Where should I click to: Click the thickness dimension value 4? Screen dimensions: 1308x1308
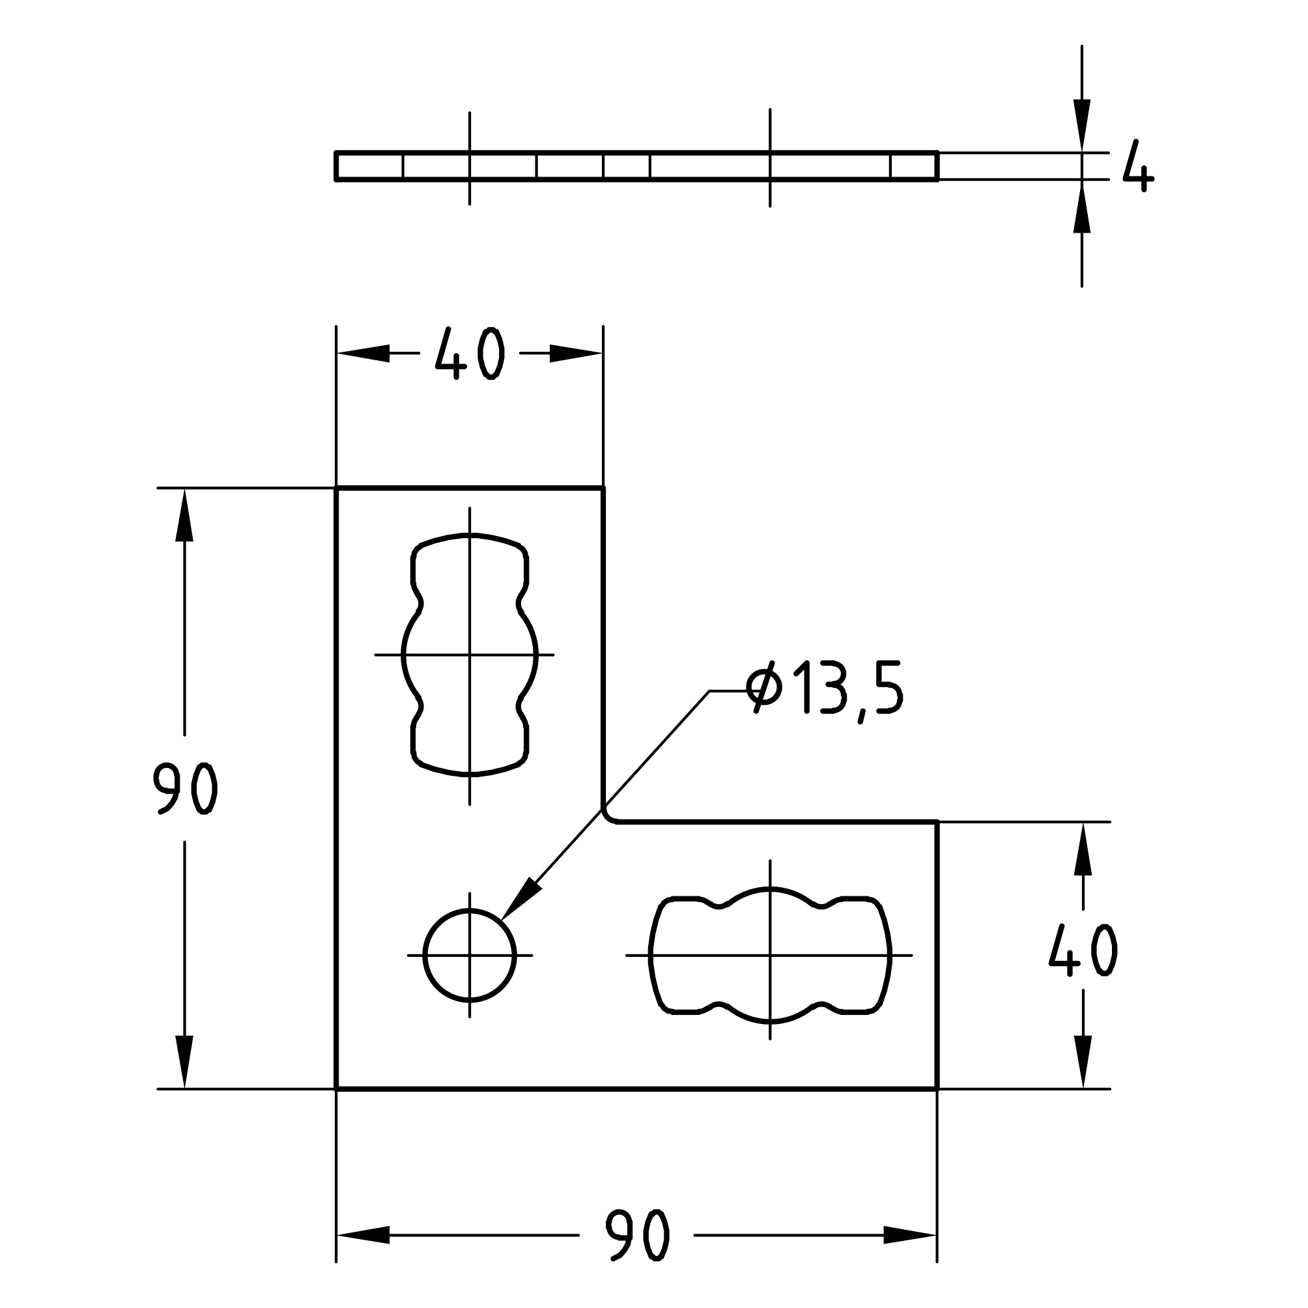pos(1138,167)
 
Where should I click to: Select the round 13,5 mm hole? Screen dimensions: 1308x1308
pos(470,956)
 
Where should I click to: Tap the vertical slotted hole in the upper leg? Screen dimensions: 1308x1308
pos(470,655)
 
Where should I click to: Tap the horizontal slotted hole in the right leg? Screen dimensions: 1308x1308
pos(770,956)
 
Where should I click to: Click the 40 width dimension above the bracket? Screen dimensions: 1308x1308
pos(468,354)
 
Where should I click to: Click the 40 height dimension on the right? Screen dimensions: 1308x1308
pos(1083,950)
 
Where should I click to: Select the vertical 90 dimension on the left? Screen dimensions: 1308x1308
pos(184,789)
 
